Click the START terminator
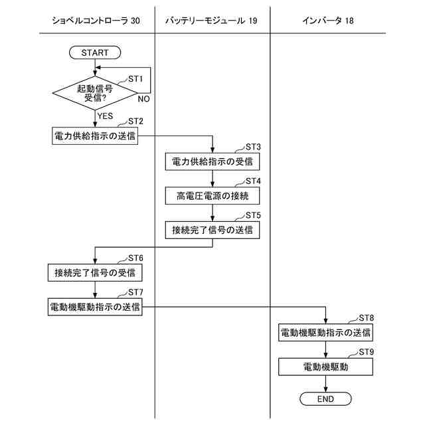point(95,52)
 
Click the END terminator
point(325,398)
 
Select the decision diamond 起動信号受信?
point(95,93)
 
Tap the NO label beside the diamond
point(143,99)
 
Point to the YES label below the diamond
point(105,116)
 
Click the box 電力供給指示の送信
point(95,135)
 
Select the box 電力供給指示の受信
point(212,161)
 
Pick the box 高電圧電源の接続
point(212,196)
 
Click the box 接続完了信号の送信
point(212,230)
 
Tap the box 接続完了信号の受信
point(95,273)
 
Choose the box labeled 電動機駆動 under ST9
point(325,367)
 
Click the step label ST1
point(135,79)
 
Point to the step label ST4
point(253,181)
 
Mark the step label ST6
point(135,258)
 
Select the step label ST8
point(366,318)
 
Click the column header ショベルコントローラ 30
point(96,21)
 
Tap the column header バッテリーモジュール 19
point(211,21)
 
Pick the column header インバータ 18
point(328,21)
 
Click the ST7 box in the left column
point(95,307)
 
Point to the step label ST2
point(135,121)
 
